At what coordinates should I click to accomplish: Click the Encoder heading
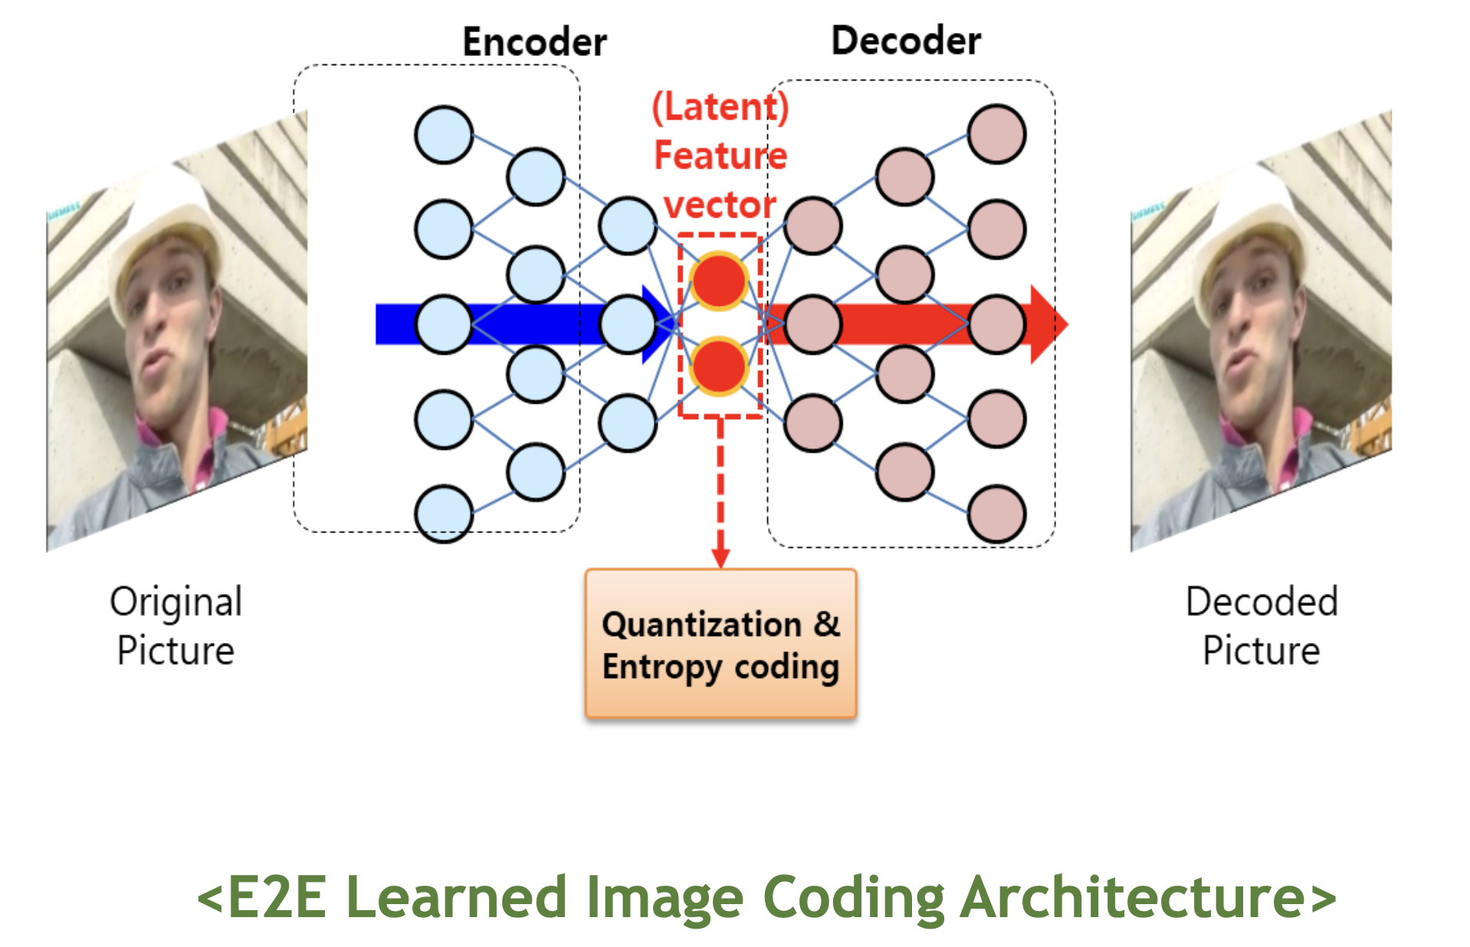tap(534, 41)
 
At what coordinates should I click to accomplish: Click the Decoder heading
tap(906, 41)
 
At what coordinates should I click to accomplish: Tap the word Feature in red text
tap(720, 156)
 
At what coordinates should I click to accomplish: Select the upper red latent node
tap(719, 281)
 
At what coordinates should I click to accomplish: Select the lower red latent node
tap(719, 366)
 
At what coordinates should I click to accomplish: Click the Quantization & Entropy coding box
tap(720, 644)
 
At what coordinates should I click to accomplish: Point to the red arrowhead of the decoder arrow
tap(1048, 324)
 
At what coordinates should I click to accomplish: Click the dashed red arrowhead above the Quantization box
tap(720, 558)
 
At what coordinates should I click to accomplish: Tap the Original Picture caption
tap(176, 625)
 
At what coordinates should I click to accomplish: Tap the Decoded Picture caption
tap(1262, 625)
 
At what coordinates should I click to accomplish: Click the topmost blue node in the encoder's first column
tap(443, 135)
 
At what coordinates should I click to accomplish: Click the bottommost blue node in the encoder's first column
tap(443, 514)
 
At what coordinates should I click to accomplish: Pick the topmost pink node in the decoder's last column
tap(996, 135)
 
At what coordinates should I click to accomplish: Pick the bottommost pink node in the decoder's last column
tap(996, 514)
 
